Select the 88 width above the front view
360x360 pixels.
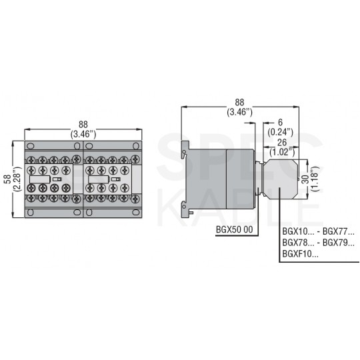83,124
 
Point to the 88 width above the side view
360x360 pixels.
239,102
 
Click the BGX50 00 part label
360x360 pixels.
235,230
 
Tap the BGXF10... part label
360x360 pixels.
300,253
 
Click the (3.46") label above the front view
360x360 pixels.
83,133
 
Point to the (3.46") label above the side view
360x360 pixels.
239,111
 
